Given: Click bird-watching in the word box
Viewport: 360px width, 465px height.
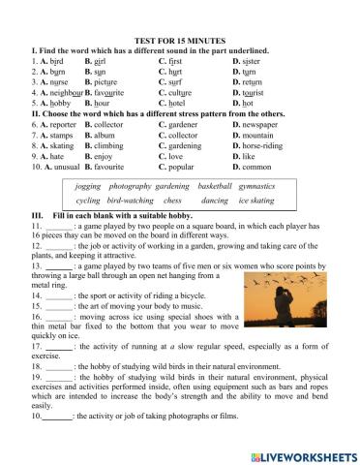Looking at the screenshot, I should point(128,200).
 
